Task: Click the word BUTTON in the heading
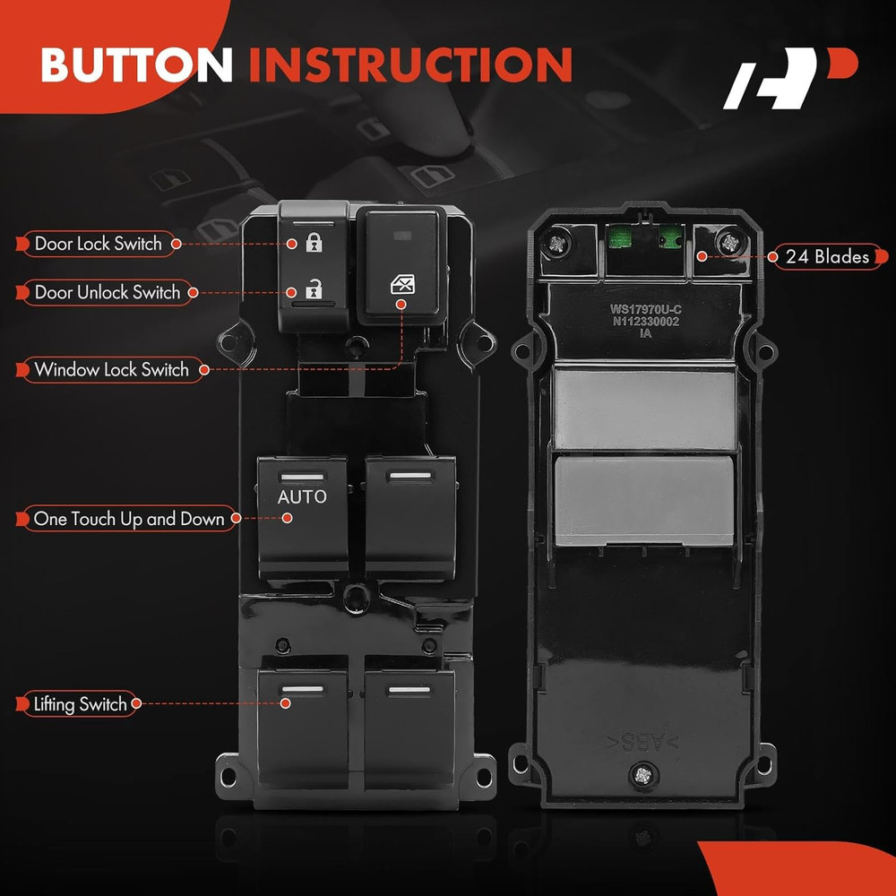136,64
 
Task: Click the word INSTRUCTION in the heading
411,64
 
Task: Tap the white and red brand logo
790,78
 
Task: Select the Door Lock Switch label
99,244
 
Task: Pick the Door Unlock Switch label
107,293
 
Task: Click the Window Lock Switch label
112,370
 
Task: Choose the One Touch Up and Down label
128,519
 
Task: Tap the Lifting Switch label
79,703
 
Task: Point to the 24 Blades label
827,256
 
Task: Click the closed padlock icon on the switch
314,242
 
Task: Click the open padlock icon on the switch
314,289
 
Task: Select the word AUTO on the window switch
302,496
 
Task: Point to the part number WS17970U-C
645,309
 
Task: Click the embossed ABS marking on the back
642,742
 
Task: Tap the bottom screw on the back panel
642,775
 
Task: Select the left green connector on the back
619,236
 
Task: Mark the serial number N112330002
646,321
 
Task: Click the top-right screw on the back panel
729,242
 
